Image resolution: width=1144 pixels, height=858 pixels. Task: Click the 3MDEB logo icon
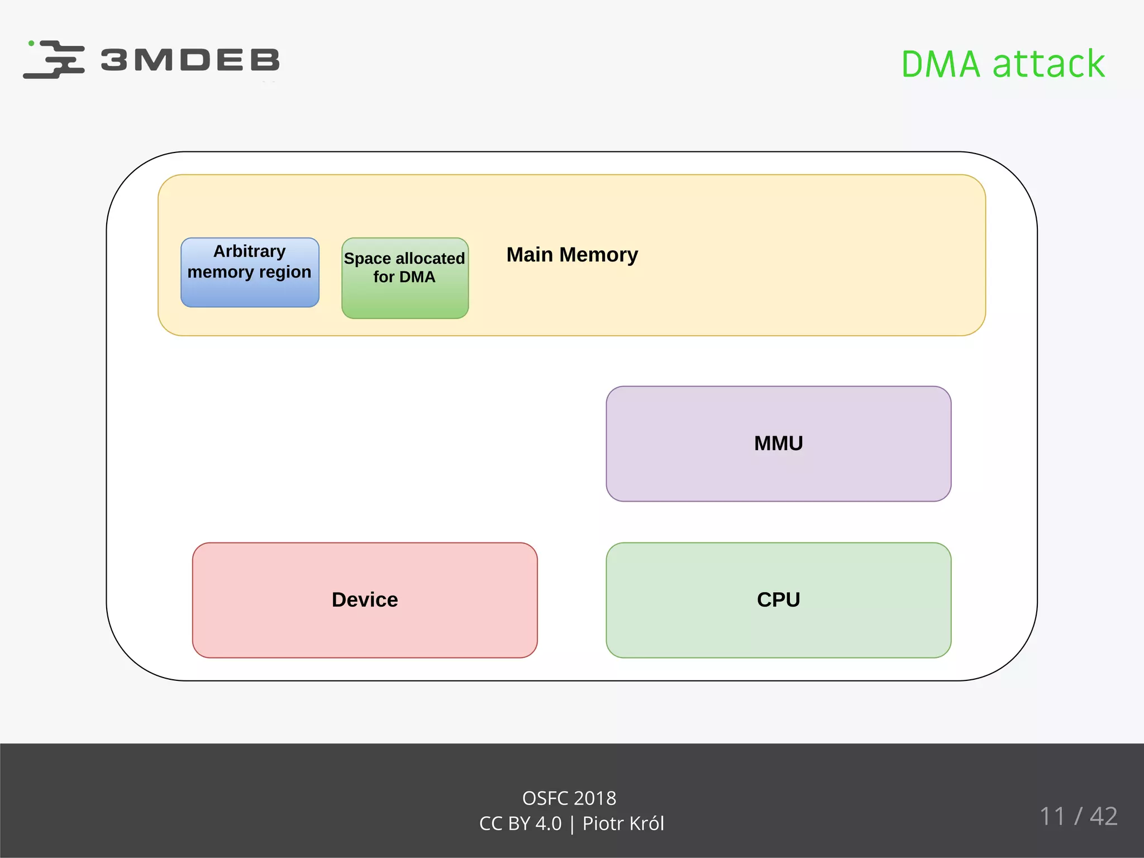click(x=54, y=59)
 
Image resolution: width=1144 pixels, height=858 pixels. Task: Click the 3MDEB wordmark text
click(x=190, y=60)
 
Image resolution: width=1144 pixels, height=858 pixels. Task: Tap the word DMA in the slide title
click(x=941, y=64)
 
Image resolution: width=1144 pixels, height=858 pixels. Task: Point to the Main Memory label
click(x=572, y=255)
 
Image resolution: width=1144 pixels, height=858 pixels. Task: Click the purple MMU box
click(x=778, y=444)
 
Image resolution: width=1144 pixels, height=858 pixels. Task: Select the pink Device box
click(x=365, y=600)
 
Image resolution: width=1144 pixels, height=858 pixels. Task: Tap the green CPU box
click(x=778, y=600)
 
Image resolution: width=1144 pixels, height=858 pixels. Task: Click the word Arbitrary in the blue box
click(x=249, y=251)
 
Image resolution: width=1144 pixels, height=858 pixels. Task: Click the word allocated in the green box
click(x=430, y=259)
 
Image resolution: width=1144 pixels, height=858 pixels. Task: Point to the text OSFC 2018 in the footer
click(x=569, y=798)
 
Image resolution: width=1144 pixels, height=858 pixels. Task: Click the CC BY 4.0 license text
click(x=520, y=823)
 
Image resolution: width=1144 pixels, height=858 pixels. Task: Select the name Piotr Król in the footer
click(x=623, y=823)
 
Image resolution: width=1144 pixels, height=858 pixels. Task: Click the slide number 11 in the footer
click(x=1052, y=816)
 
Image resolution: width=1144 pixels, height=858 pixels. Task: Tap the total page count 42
click(x=1103, y=816)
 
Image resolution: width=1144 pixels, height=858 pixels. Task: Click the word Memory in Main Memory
click(x=598, y=255)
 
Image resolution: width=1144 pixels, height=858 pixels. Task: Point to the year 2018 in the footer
click(x=594, y=798)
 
